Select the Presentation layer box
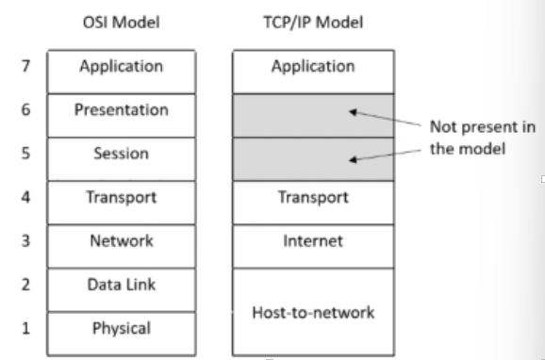(x=123, y=110)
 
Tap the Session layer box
(x=123, y=155)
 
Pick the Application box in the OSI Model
(x=123, y=67)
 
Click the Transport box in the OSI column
(x=123, y=198)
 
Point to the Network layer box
(x=123, y=240)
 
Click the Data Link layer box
(x=123, y=285)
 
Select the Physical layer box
(x=123, y=329)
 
